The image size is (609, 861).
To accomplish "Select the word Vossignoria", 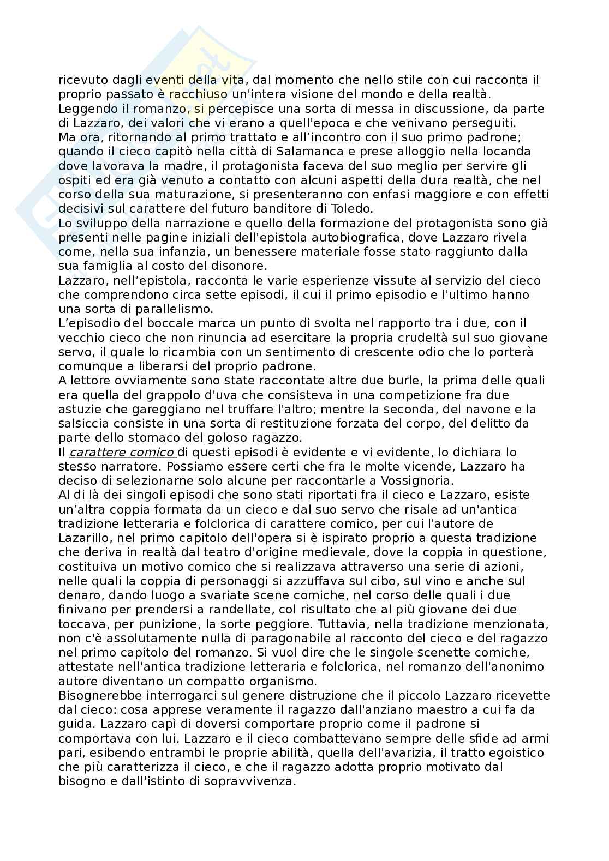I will click(416, 480).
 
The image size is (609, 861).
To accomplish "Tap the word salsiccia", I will click(82, 423).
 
